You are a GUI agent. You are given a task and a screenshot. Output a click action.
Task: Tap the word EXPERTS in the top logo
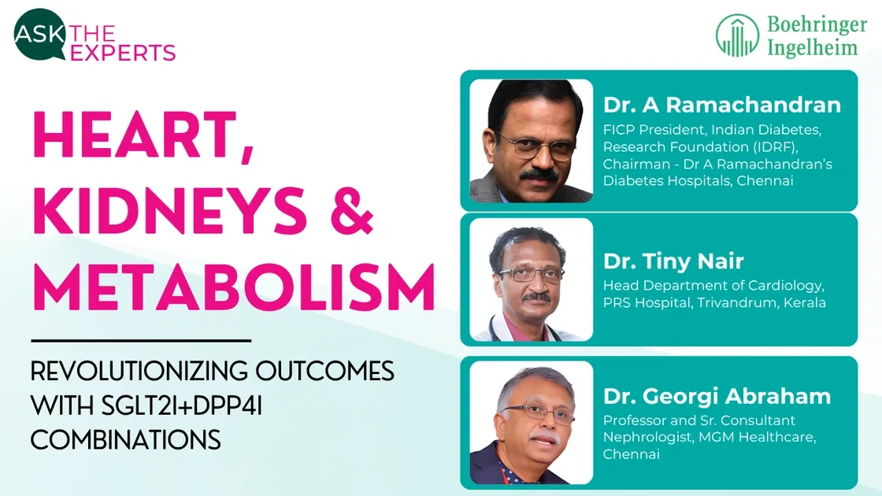(123, 53)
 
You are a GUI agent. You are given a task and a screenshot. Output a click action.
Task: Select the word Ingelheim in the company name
(813, 47)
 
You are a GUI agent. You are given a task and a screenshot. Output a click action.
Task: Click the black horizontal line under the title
(141, 341)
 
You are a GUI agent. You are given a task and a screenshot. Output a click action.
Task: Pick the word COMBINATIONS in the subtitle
(126, 439)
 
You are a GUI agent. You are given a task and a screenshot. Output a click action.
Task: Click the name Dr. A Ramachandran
(722, 105)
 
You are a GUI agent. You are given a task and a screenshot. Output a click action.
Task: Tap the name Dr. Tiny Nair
(673, 261)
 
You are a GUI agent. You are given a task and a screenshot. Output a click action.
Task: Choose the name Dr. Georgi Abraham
(717, 397)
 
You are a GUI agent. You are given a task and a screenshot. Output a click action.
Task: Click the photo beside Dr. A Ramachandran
(532, 141)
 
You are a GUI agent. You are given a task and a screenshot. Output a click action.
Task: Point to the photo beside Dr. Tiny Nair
(532, 279)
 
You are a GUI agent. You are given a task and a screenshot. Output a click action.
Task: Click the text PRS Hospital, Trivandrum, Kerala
(714, 302)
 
